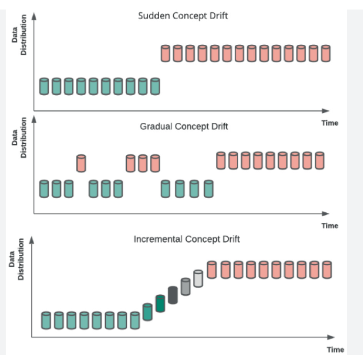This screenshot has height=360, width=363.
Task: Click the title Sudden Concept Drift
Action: [183, 16]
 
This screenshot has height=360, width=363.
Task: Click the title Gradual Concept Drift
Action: [184, 126]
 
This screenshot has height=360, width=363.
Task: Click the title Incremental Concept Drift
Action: [187, 239]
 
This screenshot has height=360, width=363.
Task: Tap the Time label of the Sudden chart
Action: [330, 123]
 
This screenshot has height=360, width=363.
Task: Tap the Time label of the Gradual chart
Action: [330, 225]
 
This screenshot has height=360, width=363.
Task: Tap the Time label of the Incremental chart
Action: [335, 350]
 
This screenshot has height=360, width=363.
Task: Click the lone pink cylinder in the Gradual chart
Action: [81, 163]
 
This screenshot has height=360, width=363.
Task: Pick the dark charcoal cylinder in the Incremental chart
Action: [173, 295]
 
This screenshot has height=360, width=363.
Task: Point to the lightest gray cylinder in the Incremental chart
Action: [198, 279]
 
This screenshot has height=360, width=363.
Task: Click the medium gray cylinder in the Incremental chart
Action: [186, 287]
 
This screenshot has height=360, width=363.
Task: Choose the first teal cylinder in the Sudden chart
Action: [44, 86]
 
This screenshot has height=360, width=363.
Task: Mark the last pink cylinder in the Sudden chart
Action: [326, 53]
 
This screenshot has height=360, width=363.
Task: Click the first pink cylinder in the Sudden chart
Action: [165, 53]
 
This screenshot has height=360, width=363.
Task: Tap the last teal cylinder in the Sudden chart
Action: [155, 86]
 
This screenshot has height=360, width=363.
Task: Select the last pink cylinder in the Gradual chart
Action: [320, 160]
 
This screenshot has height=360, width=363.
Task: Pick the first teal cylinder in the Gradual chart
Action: [44, 189]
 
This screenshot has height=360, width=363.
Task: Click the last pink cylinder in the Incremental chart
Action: [326, 270]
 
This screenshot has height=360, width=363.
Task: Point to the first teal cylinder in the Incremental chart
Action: [46, 320]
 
